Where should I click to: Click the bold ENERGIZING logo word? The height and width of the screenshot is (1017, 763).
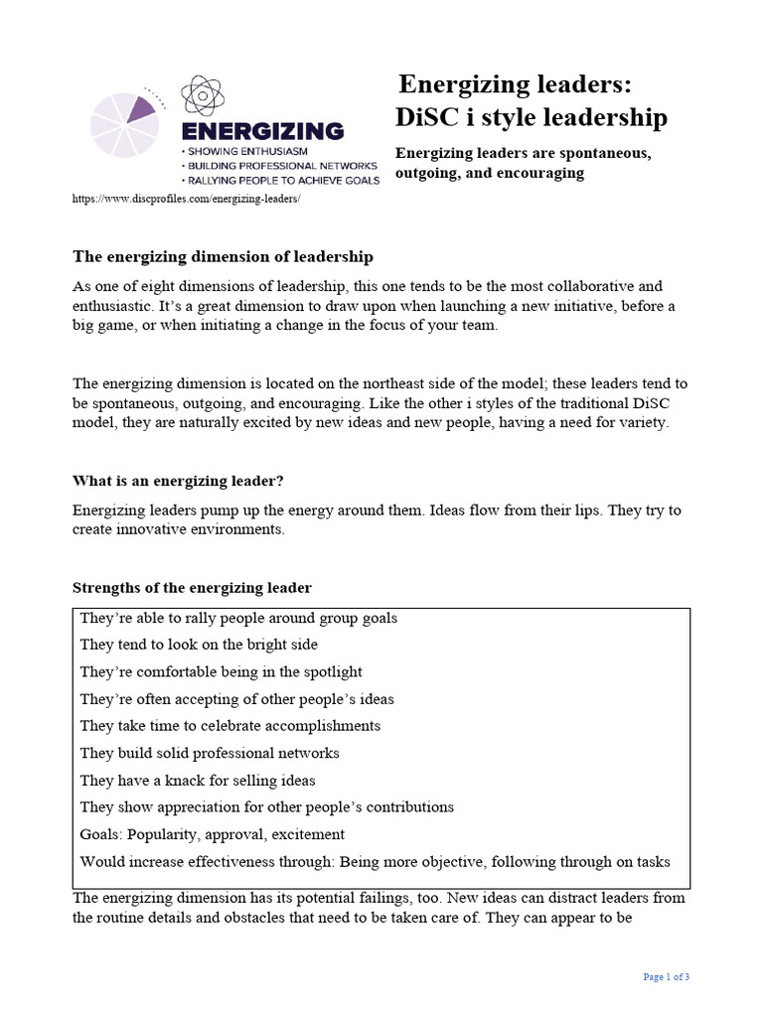pyautogui.click(x=261, y=131)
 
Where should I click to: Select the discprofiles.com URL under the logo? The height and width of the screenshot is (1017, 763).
pyautogui.click(x=186, y=199)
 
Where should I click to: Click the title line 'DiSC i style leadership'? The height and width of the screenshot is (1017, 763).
pyautogui.click(x=532, y=118)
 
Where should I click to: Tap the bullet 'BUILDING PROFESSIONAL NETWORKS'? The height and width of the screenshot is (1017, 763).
pyautogui.click(x=279, y=166)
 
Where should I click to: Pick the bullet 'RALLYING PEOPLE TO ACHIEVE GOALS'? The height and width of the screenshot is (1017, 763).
pyautogui.click(x=279, y=181)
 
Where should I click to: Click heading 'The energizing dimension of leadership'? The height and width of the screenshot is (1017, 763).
pyautogui.click(x=223, y=257)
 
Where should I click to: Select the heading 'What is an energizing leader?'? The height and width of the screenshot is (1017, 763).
pyautogui.click(x=178, y=481)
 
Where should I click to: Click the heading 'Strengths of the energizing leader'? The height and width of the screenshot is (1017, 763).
pyautogui.click(x=192, y=588)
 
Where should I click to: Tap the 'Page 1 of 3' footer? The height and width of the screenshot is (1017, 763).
pyautogui.click(x=666, y=977)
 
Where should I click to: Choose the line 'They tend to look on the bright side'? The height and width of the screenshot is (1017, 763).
pyautogui.click(x=199, y=645)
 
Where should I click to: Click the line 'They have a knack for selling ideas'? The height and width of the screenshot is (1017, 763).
pyautogui.click(x=198, y=781)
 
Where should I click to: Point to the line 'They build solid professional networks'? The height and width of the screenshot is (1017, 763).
pyautogui.click(x=210, y=753)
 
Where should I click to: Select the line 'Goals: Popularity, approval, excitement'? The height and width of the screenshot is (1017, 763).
pyautogui.click(x=213, y=834)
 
